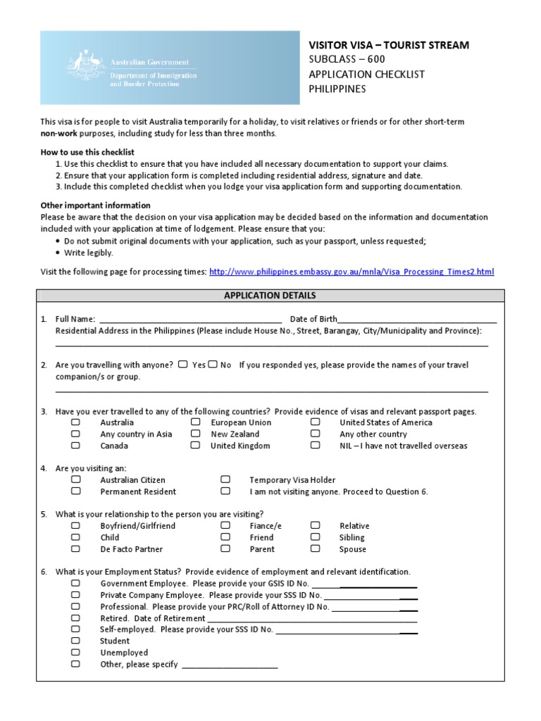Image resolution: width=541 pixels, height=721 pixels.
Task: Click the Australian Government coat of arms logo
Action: [91, 69]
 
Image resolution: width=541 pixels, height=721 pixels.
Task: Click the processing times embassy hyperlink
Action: [352, 271]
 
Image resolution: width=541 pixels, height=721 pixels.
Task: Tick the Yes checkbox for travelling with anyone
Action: [182, 365]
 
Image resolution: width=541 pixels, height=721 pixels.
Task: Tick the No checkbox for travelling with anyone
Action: [212, 365]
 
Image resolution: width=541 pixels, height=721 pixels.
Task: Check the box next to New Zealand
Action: [195, 434]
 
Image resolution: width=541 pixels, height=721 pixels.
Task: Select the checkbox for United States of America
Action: [315, 422]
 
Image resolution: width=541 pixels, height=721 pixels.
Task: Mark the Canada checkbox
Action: [75, 446]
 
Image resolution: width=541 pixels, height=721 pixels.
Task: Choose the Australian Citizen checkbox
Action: [75, 479]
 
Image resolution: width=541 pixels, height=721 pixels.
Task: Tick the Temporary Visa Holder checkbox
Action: [225, 479]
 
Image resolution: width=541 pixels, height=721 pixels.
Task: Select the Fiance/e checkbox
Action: [225, 525]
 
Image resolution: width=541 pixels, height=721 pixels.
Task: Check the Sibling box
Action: [315, 537]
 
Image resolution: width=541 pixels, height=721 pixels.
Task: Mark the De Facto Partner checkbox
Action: [75, 548]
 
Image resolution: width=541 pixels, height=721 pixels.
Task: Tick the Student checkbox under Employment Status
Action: [75, 641]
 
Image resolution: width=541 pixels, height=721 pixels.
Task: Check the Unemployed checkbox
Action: [75, 653]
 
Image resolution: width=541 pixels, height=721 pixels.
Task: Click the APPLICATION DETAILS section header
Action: [270, 296]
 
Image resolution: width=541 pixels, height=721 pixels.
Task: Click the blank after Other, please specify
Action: [230, 665]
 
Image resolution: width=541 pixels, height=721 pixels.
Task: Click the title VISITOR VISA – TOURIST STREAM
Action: [389, 45]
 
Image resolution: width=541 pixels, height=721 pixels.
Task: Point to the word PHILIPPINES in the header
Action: [338, 89]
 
